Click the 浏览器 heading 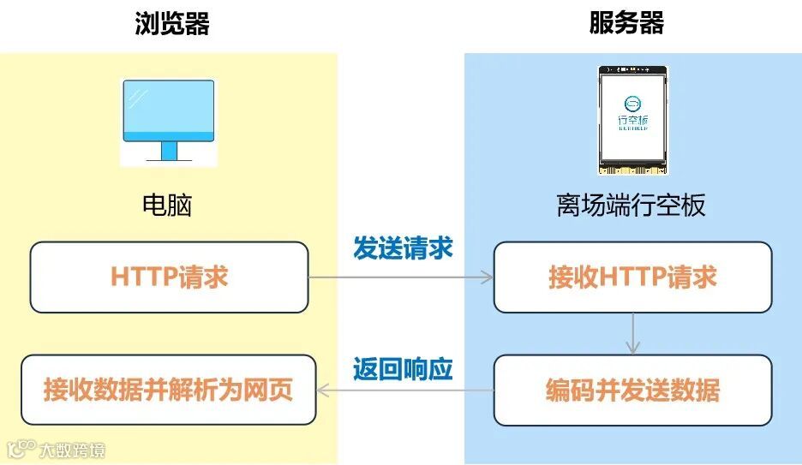(x=172, y=23)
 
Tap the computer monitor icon (x=168, y=120)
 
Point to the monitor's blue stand (x=168, y=152)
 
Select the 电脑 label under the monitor (x=167, y=206)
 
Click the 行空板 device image (x=633, y=119)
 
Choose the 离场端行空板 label (x=631, y=206)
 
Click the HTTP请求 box (x=169, y=277)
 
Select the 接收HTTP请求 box (x=632, y=277)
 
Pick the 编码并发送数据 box (x=632, y=390)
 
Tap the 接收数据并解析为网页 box (x=169, y=390)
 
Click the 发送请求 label (x=403, y=248)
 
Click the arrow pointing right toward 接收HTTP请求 (x=400, y=277)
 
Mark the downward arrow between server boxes (x=632, y=333)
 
